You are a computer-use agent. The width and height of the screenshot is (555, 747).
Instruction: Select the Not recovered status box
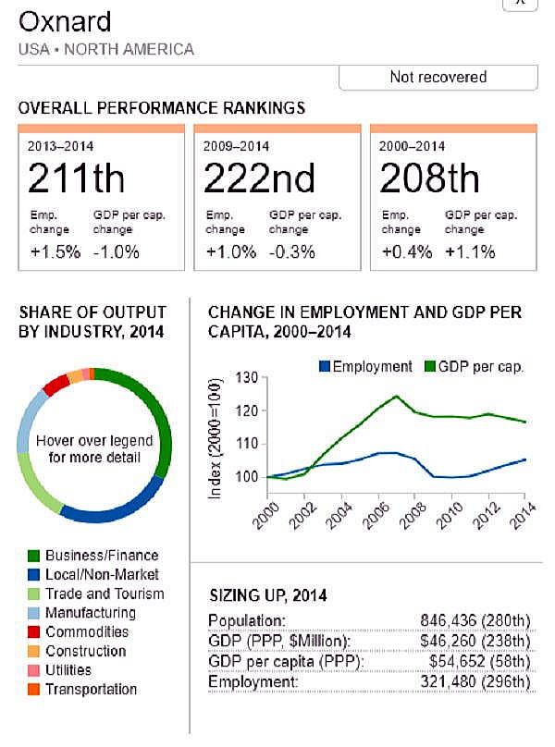click(438, 77)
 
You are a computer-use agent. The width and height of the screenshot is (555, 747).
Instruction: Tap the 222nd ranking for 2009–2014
click(259, 178)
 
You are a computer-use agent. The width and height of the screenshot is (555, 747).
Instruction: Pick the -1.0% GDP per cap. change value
click(117, 251)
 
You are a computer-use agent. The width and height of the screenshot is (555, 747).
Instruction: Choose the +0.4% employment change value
click(403, 251)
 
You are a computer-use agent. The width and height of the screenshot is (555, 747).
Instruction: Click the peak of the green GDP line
click(396, 396)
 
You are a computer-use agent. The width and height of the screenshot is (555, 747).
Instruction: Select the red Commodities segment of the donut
click(56, 384)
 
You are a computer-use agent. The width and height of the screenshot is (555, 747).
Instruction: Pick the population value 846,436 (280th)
click(475, 620)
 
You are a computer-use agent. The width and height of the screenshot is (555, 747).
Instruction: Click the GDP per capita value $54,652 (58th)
click(479, 661)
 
